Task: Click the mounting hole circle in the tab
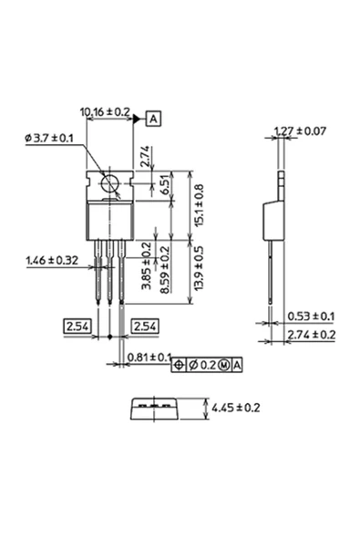110,183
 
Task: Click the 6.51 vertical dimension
164,185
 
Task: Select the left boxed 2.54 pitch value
77,326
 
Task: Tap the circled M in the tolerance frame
223,365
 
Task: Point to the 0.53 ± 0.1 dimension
311,317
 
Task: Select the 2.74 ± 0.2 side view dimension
311,335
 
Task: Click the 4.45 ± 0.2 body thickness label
235,408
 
